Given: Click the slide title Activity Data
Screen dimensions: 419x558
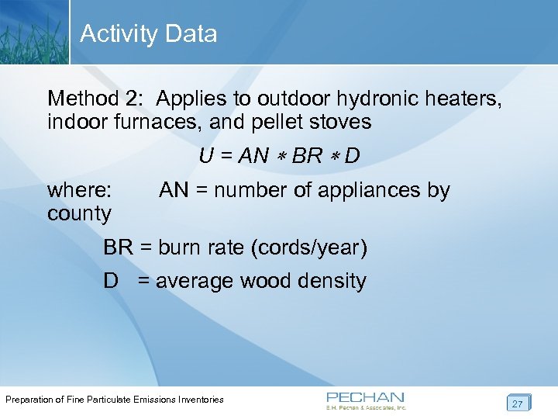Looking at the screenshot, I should pyautogui.click(x=148, y=34).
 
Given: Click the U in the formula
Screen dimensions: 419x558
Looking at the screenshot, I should pyautogui.click(x=206, y=156).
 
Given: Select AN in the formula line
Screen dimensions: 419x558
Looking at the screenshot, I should pyautogui.click(x=253, y=156).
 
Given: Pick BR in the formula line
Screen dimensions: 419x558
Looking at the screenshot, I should pyautogui.click(x=308, y=156).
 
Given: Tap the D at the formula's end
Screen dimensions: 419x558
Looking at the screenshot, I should pyautogui.click(x=352, y=156).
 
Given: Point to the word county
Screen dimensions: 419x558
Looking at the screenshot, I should pyautogui.click(x=79, y=213).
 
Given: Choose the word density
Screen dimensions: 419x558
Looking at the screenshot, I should pyautogui.click(x=330, y=281).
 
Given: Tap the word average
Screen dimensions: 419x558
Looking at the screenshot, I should pyautogui.click(x=195, y=281).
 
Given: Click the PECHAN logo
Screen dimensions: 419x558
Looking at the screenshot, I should pyautogui.click(x=366, y=400).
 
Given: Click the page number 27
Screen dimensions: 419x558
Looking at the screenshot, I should pyautogui.click(x=517, y=403).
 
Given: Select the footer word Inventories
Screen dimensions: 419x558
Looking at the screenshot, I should pyautogui.click(x=196, y=400).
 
